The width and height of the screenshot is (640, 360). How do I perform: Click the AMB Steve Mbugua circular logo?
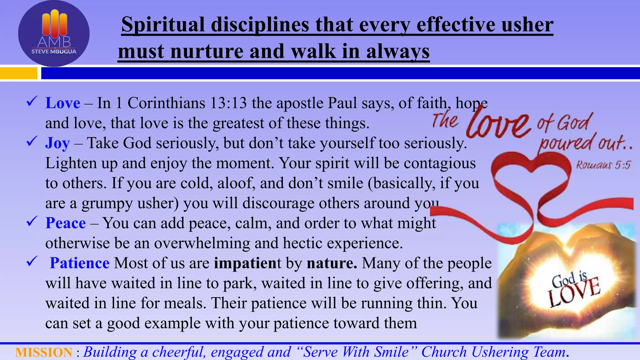[x=54, y=34]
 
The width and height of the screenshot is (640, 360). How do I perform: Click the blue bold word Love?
[x=62, y=103]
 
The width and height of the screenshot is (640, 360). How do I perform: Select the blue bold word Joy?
[x=57, y=143]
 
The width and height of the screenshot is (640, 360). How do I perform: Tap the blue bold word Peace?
[x=65, y=223]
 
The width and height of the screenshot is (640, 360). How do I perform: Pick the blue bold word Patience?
[x=80, y=263]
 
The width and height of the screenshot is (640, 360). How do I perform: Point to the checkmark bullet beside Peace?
[x=32, y=222]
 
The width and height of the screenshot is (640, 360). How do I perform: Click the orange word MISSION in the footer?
[x=44, y=352]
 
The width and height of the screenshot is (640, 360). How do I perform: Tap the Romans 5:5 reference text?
[x=603, y=165]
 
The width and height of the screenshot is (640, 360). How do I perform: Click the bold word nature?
[x=332, y=263]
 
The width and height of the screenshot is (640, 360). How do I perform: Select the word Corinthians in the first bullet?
[x=166, y=103]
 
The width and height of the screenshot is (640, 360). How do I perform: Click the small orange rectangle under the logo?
[x=18, y=73]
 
